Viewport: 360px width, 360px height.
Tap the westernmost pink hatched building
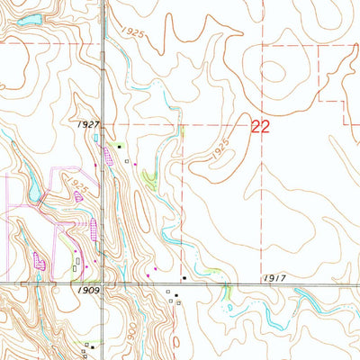[x=39, y=261]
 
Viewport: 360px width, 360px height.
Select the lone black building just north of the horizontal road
[x=184, y=278]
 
